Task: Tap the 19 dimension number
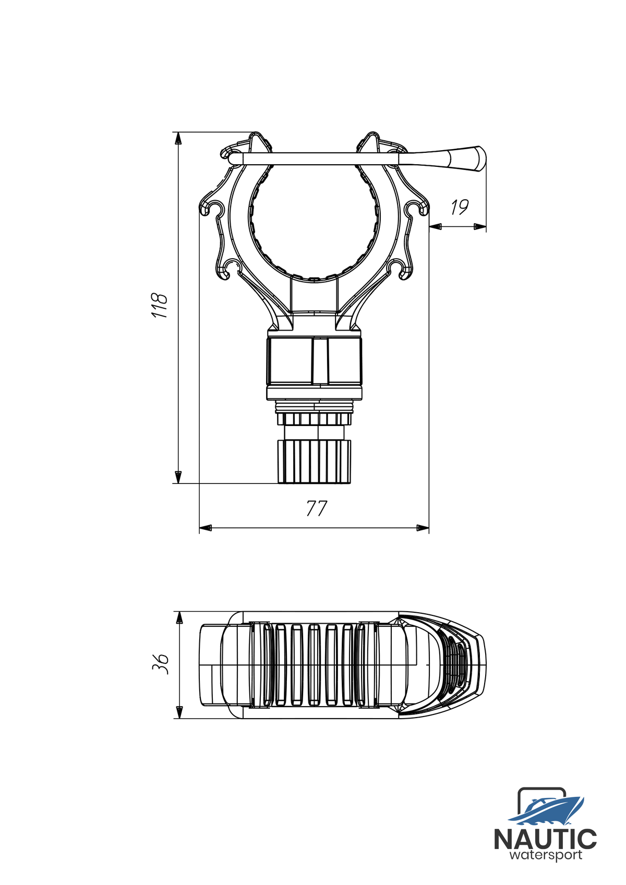459,207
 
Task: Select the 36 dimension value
161,664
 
